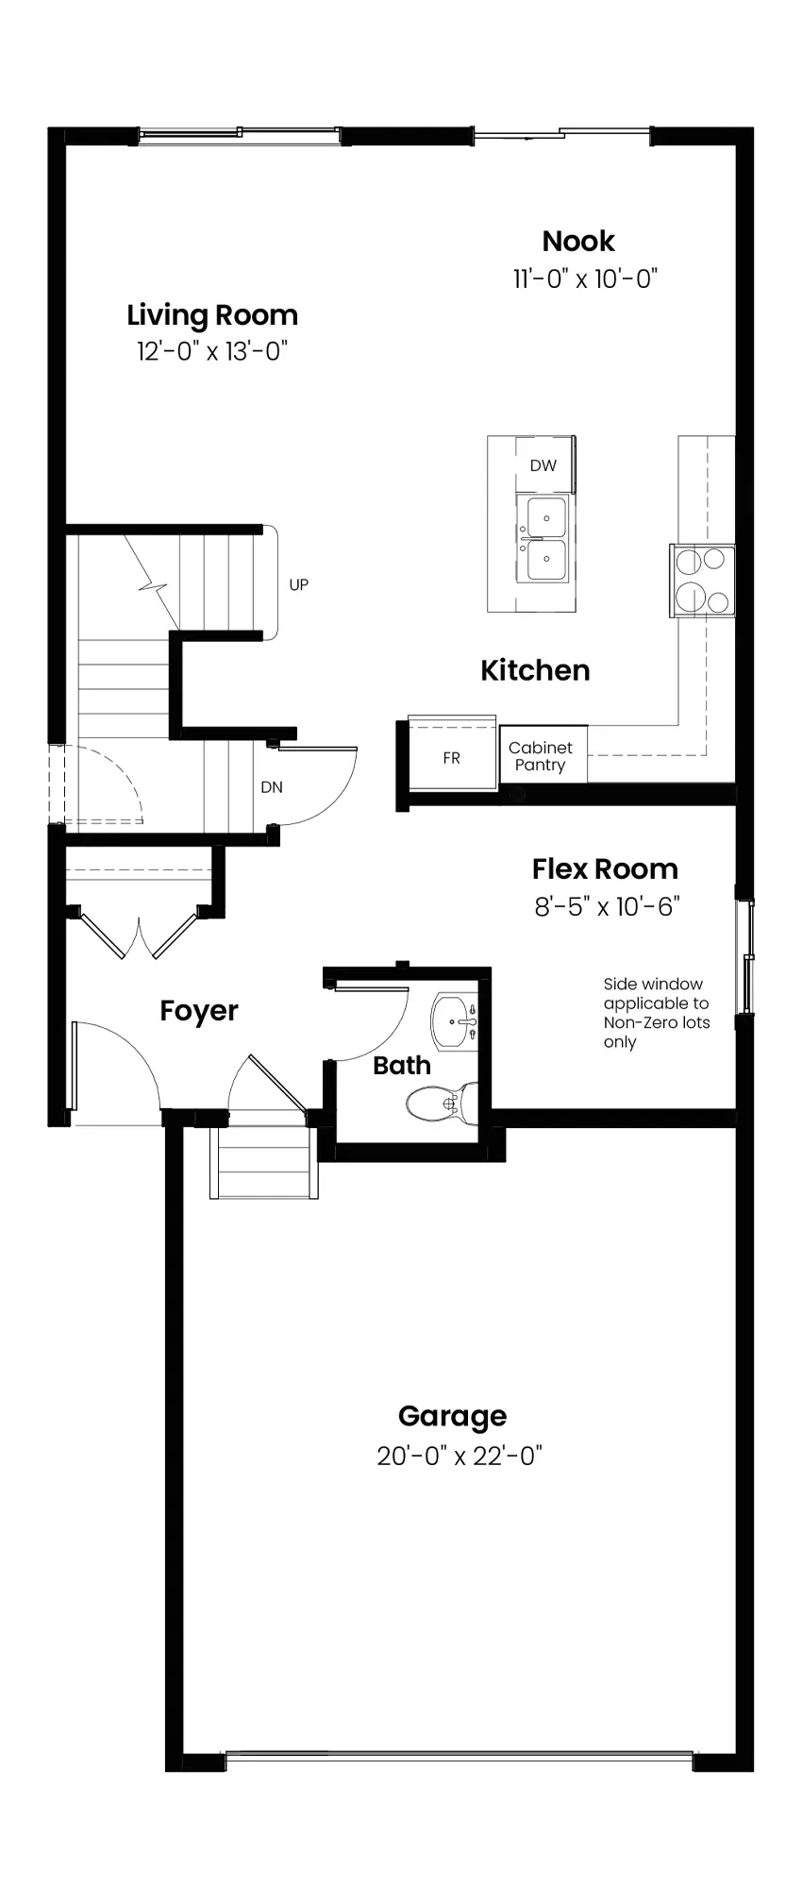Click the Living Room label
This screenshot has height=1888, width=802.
(212, 315)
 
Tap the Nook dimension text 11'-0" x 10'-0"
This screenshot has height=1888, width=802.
(585, 278)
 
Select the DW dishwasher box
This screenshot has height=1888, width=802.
(543, 464)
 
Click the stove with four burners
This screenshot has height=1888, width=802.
(702, 581)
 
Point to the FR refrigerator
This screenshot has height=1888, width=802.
(452, 756)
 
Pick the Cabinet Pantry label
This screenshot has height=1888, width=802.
(540, 756)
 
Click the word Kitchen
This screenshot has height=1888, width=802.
(535, 670)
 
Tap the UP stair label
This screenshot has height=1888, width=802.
(298, 585)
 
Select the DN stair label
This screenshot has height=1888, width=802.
(272, 787)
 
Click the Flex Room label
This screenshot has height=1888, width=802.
(605, 869)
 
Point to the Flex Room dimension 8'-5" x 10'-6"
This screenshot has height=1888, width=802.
(607, 907)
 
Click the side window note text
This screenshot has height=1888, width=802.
(657, 1013)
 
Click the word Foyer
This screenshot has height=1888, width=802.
(199, 1011)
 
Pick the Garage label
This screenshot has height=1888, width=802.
(452, 1416)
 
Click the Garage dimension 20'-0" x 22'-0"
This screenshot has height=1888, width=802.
(459, 1456)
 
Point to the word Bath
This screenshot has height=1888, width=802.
(402, 1066)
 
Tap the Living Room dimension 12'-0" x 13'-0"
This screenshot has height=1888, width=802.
(211, 352)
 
